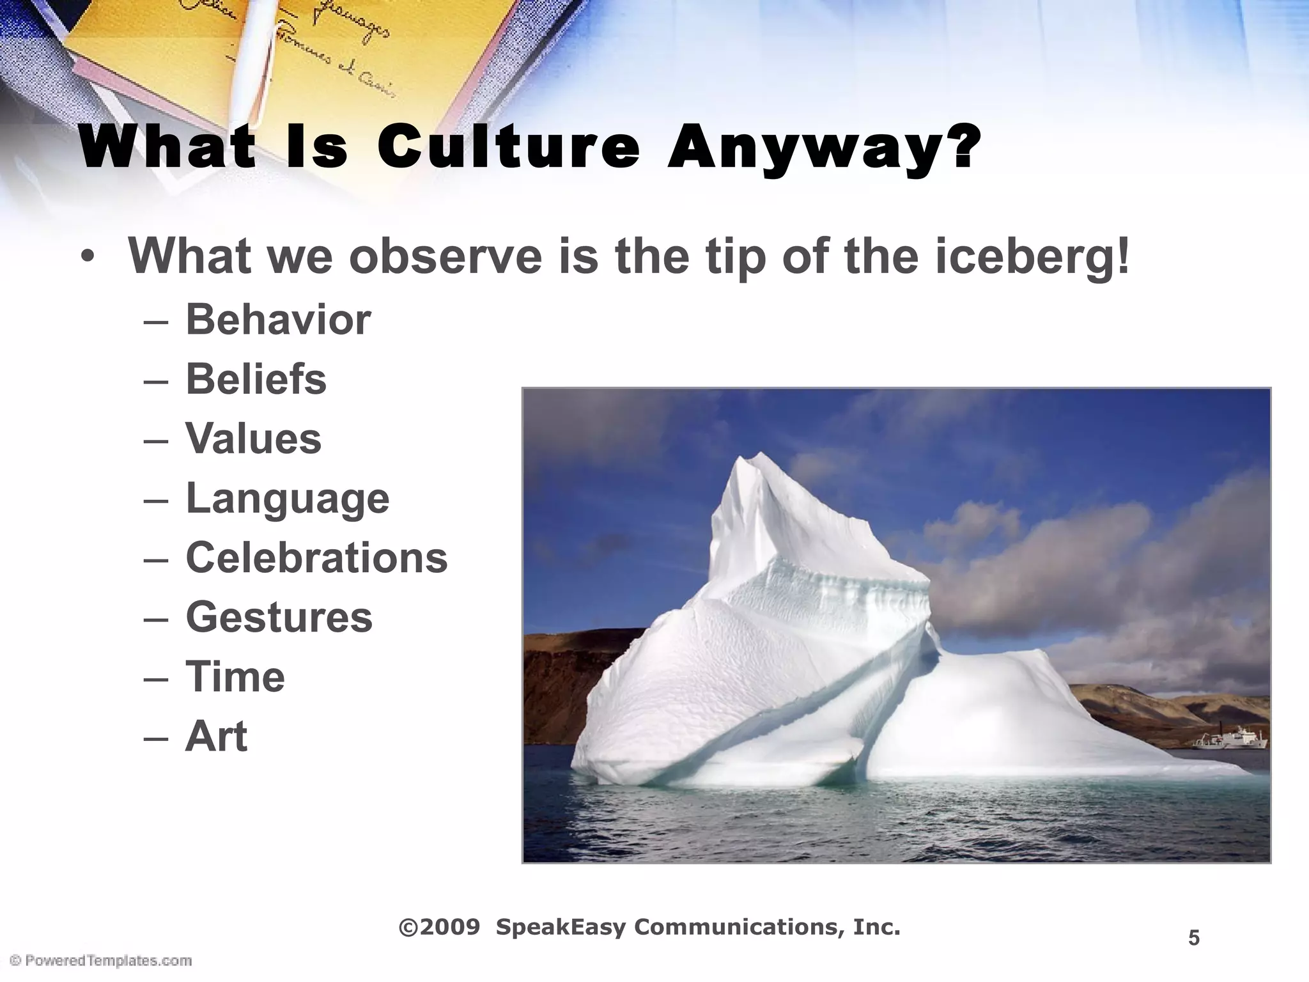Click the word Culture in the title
(x=508, y=148)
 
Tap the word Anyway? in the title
(x=823, y=148)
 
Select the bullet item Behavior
(x=278, y=319)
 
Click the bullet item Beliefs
(x=256, y=378)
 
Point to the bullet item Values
(x=253, y=439)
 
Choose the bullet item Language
(x=287, y=499)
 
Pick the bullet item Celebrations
(x=316, y=557)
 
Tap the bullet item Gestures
(x=279, y=618)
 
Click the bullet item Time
(x=235, y=676)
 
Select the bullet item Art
(x=216, y=736)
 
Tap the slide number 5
(x=1193, y=939)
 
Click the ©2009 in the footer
(x=440, y=927)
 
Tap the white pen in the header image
(x=256, y=45)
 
